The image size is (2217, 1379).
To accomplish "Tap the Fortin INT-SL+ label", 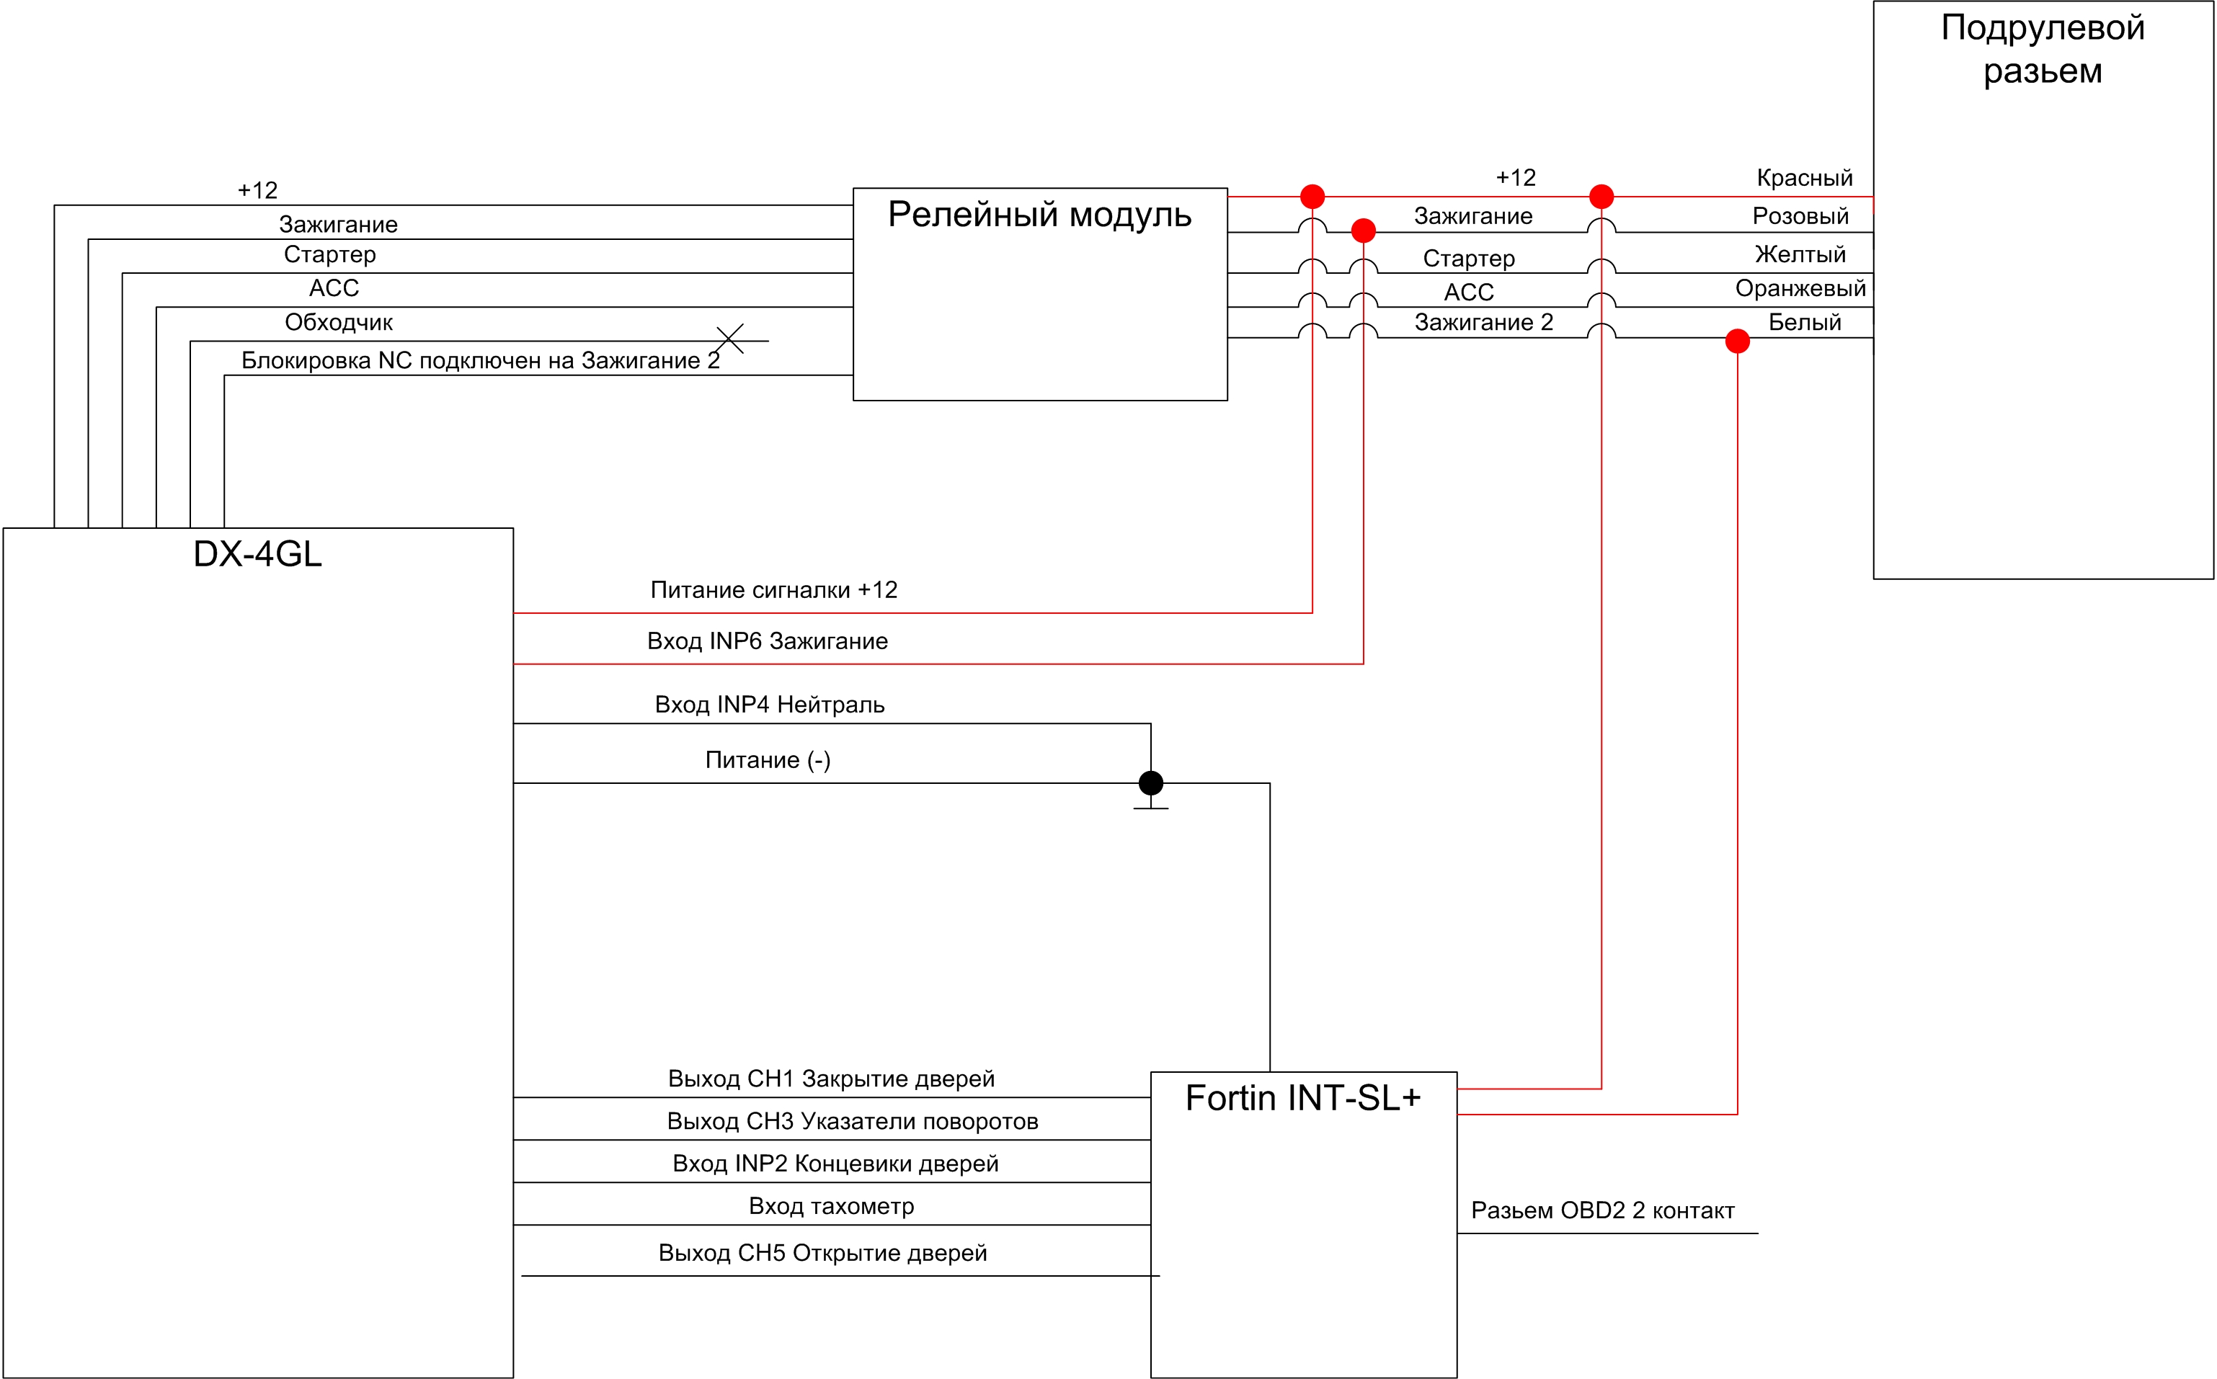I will coord(1303,1098).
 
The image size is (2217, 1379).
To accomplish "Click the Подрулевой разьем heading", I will coord(2043,49).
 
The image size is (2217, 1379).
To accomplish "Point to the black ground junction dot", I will coord(1150,782).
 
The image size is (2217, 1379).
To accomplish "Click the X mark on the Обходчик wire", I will coord(730,339).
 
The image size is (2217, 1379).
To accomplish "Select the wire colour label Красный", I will coord(1804,178).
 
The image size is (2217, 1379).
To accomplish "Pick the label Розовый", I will coord(1800,216).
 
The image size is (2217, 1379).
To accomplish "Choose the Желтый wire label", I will coord(1800,254).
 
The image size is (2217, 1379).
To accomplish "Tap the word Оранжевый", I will coord(1800,288).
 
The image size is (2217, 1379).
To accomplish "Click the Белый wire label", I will coord(1804,322).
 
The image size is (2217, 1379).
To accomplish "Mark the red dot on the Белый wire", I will coord(1737,341).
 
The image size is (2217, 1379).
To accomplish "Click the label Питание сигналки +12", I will coord(773,590).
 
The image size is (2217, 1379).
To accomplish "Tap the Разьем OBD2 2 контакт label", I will coord(1602,1210).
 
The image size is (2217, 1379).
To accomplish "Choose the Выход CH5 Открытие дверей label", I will coord(822,1252).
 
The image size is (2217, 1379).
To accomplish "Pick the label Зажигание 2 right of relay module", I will coord(1483,322).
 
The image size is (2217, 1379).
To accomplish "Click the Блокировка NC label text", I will coord(480,360).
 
